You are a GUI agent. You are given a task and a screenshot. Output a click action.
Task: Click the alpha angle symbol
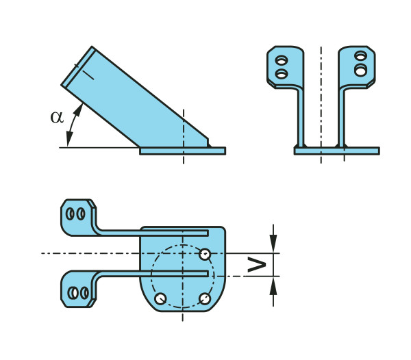click(57, 117)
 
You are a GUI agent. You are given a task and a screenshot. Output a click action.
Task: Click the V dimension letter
click(257, 265)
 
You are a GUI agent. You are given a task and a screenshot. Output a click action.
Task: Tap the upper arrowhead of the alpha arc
click(79, 110)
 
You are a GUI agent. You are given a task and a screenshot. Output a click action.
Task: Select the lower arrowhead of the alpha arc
click(69, 139)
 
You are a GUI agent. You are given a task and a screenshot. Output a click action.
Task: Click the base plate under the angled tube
click(182, 151)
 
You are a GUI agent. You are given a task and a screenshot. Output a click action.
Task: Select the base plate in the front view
click(337, 151)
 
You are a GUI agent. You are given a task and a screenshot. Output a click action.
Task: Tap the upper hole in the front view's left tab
click(282, 61)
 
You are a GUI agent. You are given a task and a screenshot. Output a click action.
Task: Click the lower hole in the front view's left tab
click(282, 75)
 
